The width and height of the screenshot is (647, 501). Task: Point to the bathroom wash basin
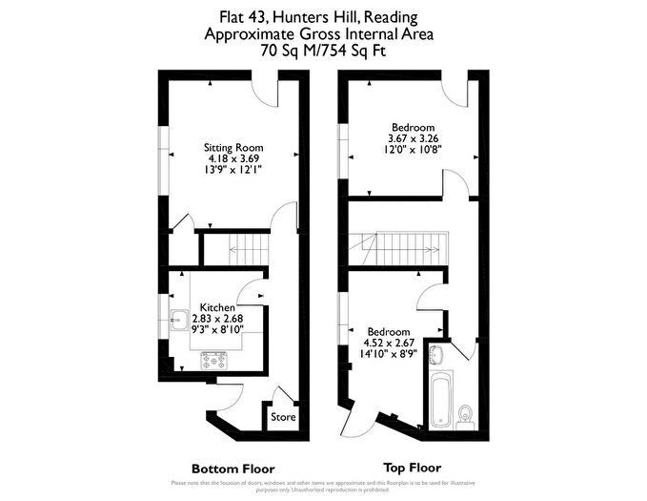tap(436, 356)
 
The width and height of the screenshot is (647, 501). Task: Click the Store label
tap(283, 417)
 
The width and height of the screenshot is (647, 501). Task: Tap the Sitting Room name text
tap(233, 147)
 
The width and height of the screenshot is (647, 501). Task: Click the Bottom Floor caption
tap(233, 469)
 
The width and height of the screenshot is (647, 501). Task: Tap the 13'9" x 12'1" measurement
tap(233, 169)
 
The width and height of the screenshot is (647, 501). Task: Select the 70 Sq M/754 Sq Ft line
tap(324, 52)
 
